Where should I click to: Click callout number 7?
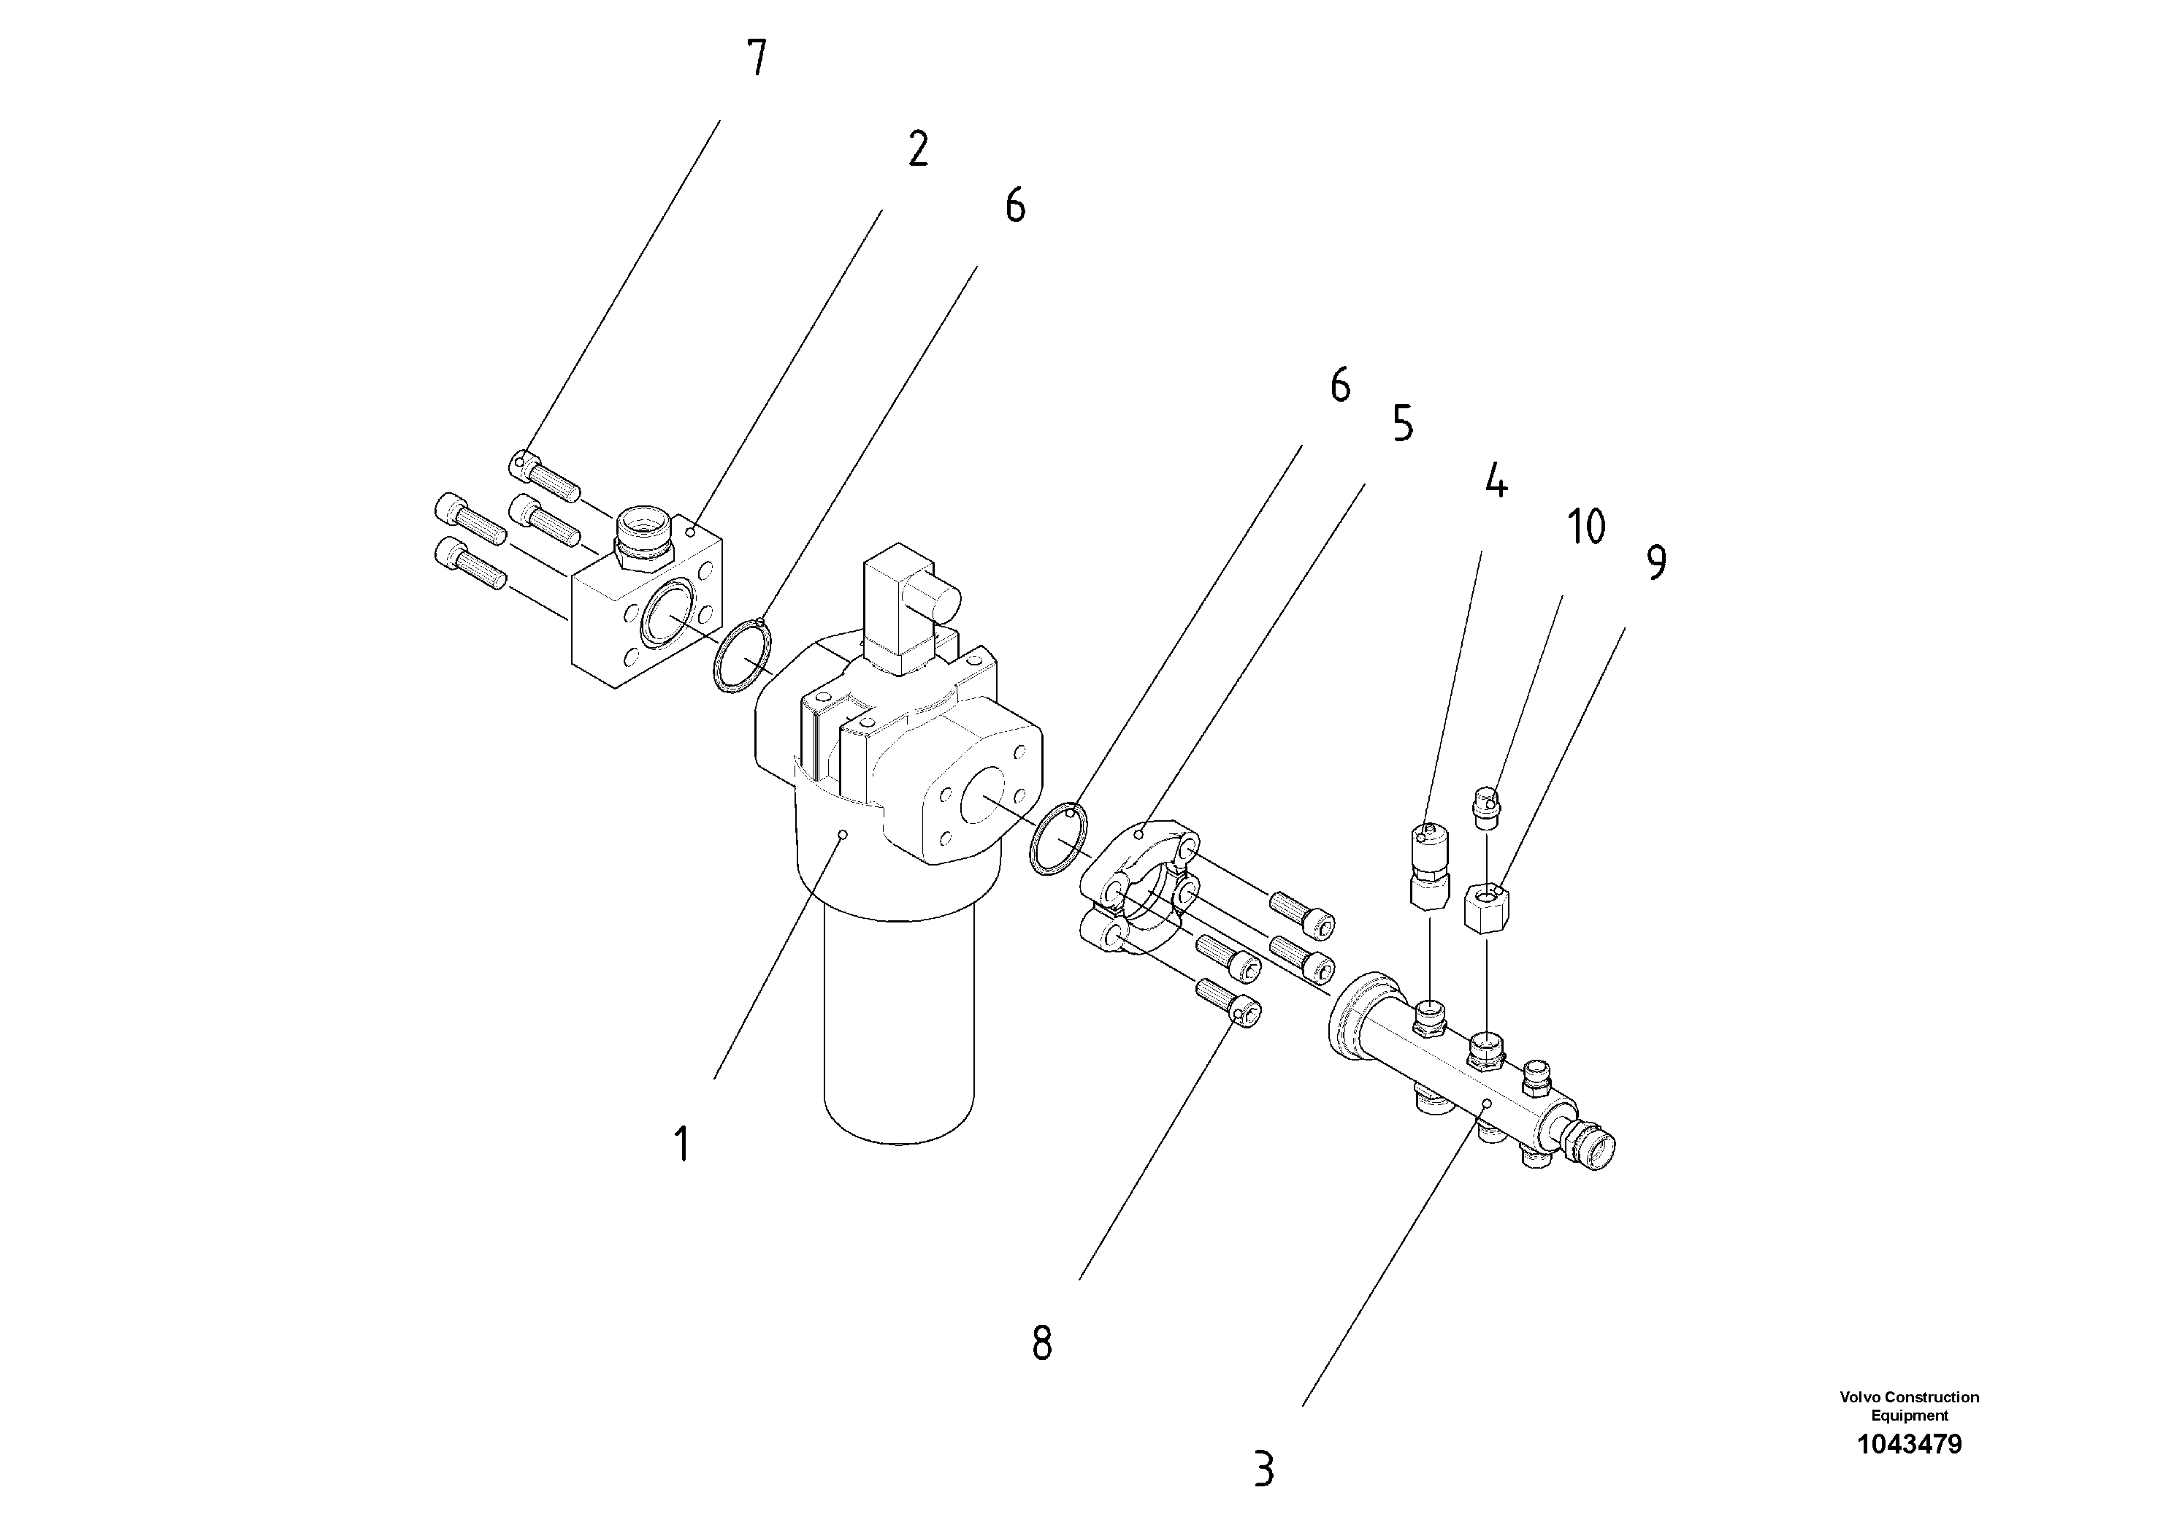tap(757, 58)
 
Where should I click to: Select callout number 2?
tap(917, 150)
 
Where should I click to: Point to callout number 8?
tap(1041, 1343)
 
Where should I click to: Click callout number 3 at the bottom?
tap(1264, 1470)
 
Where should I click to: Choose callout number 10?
tap(1586, 527)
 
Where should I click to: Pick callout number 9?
tap(1656, 562)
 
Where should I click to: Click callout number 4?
tap(1495, 481)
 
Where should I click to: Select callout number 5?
tap(1402, 424)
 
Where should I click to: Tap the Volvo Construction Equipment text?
tap(1909, 1406)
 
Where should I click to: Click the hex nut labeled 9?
tap(1488, 907)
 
